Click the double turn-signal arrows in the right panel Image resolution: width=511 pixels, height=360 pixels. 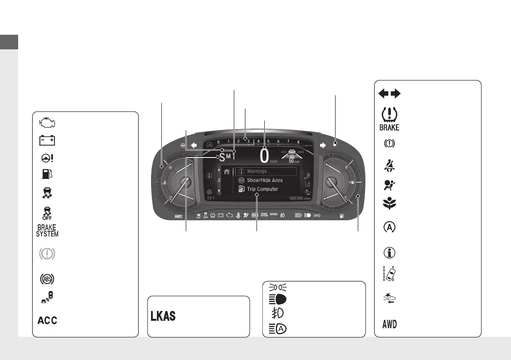(389, 93)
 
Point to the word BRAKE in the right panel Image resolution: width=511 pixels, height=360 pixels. (389, 127)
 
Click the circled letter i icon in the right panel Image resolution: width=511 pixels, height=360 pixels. (389, 253)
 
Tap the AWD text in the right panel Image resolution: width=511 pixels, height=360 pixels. (389, 324)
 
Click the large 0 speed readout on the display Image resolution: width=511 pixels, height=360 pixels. (264, 156)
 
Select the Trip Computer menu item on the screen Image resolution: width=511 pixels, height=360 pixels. (262, 189)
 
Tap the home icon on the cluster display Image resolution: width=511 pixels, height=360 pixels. (227, 171)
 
